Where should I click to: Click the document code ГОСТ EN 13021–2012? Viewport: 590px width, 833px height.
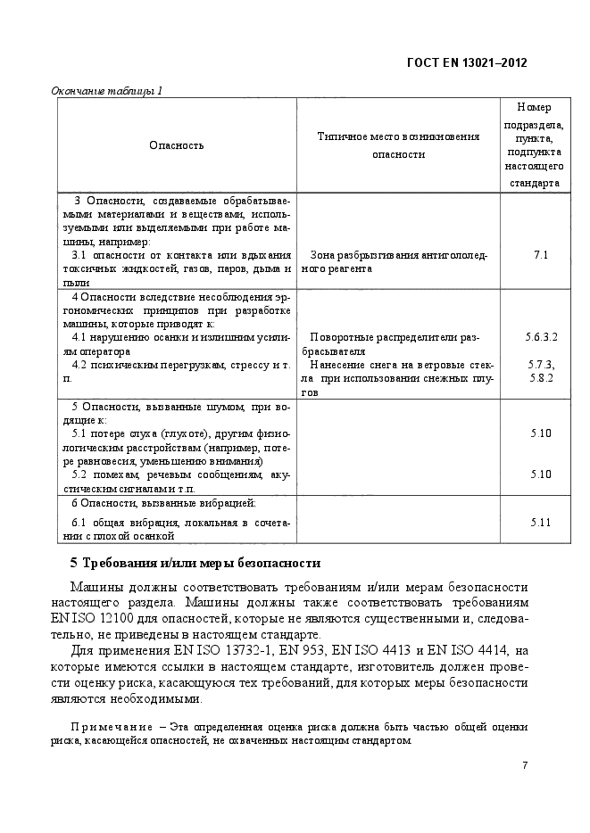(467, 62)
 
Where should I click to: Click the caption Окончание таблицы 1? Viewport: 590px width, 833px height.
(106, 90)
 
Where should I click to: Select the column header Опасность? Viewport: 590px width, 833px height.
(176, 144)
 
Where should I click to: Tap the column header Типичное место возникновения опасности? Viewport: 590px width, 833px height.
(398, 144)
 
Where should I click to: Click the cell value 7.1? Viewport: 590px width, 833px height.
(540, 255)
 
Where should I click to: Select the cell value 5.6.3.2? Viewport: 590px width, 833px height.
(541, 337)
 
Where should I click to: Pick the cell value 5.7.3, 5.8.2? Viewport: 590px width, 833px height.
(541, 371)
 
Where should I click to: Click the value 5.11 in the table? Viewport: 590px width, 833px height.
(541, 521)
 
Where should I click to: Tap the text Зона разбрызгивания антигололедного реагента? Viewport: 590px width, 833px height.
(397, 261)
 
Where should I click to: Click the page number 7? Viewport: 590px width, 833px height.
(525, 765)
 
